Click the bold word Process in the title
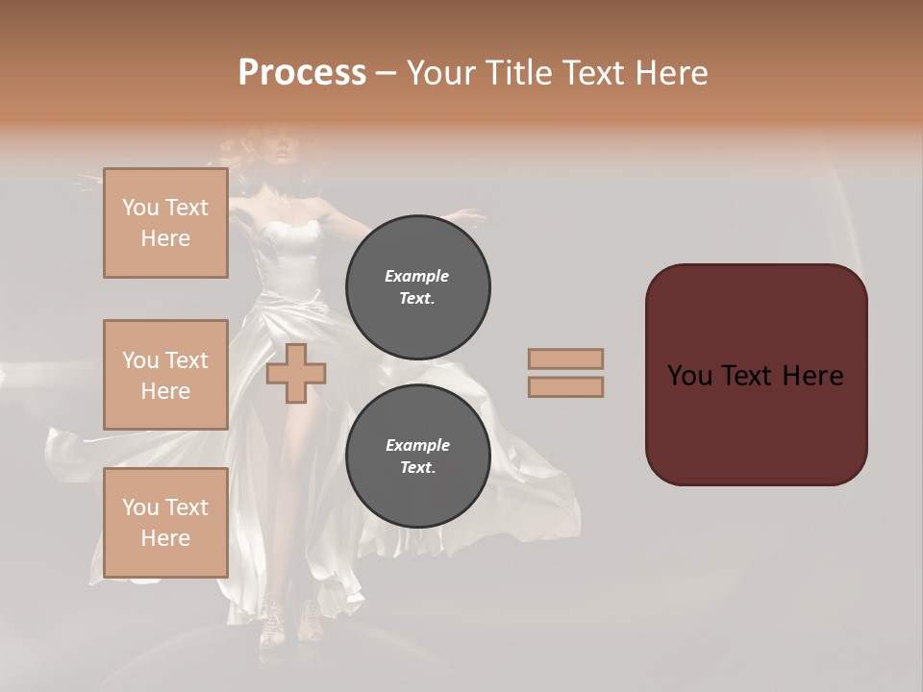(302, 72)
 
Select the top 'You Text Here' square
(165, 223)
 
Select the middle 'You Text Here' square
(165, 375)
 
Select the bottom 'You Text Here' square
(165, 523)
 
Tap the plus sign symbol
(295, 374)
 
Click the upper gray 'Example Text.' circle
(417, 287)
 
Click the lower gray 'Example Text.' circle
(417, 457)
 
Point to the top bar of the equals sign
(565, 358)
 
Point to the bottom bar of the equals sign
(565, 387)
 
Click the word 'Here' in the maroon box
(812, 376)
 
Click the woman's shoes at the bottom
(288, 620)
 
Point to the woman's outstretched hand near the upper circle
(467, 214)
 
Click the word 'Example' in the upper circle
(417, 276)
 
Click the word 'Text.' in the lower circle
(417, 468)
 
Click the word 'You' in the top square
(140, 208)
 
